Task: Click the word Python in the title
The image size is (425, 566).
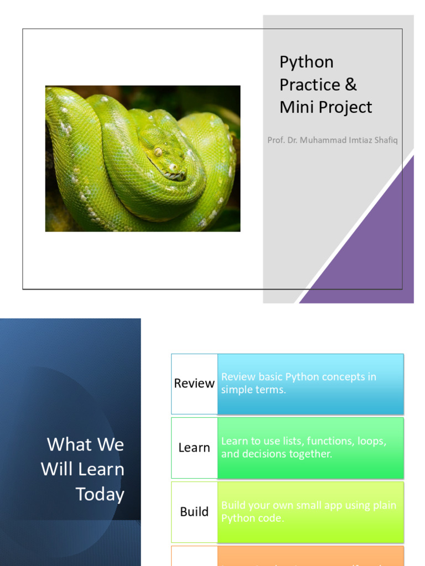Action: click(307, 62)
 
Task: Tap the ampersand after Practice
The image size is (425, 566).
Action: click(351, 85)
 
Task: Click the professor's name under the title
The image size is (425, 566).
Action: click(332, 140)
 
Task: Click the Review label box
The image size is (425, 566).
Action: click(194, 384)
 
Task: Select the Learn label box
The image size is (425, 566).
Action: click(194, 448)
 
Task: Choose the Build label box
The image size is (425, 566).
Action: click(194, 512)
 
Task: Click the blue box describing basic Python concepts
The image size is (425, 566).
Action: click(310, 384)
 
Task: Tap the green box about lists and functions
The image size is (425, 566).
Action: click(310, 448)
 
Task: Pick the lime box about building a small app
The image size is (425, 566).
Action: click(310, 512)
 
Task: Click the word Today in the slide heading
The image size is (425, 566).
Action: click(100, 494)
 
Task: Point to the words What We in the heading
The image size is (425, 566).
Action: click(85, 444)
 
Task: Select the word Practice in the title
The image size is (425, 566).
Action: click(310, 85)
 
